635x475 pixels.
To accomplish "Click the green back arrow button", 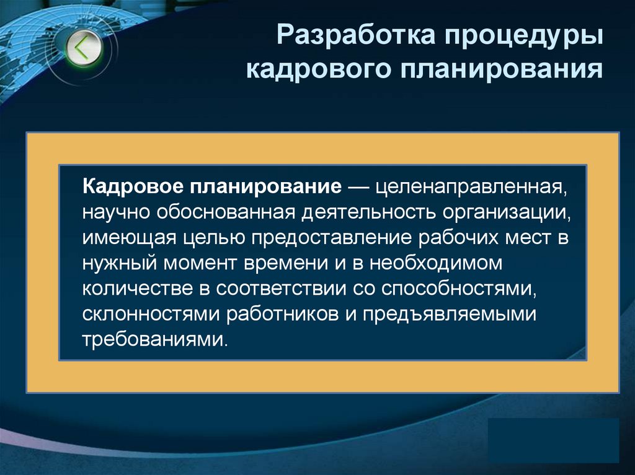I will pyautogui.click(x=84, y=47).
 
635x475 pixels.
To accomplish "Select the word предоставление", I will pyautogui.click(x=318, y=238).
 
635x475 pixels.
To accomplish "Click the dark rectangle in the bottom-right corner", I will pyautogui.click(x=553, y=440).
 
